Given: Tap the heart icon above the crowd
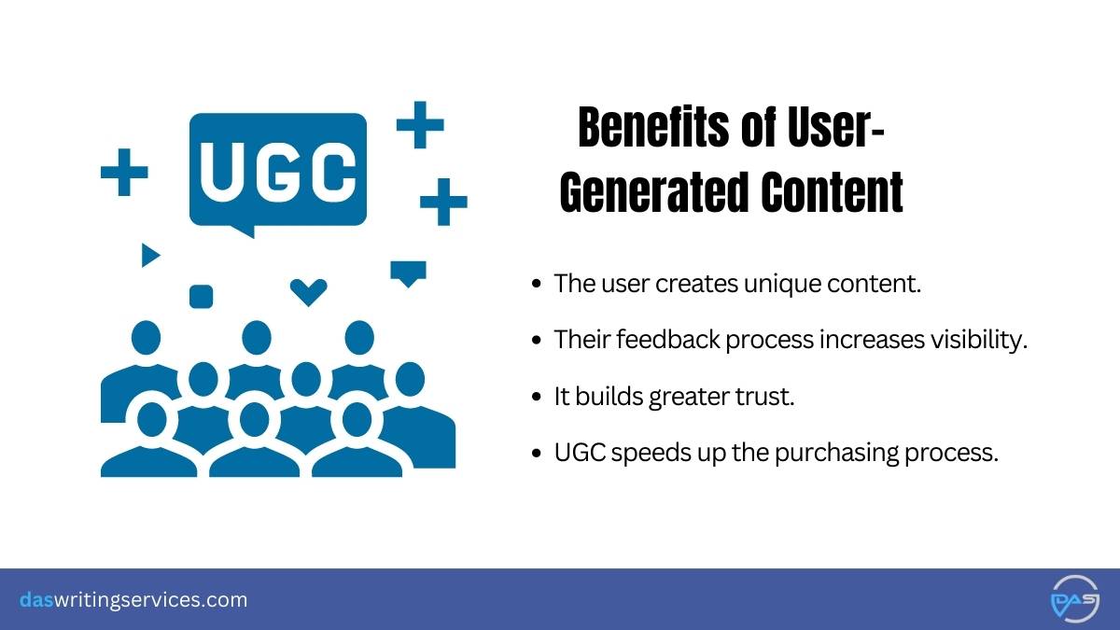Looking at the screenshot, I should [x=308, y=291].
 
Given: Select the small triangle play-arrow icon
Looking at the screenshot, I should [x=149, y=254].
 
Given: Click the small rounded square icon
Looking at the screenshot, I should [x=201, y=297].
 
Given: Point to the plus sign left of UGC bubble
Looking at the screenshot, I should [x=124, y=173].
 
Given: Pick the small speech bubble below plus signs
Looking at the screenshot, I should [x=408, y=273].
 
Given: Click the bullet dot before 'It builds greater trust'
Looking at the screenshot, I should [x=536, y=398].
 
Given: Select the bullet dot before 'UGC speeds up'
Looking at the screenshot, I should [x=536, y=455].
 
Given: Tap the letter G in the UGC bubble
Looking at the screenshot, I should [x=277, y=170].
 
